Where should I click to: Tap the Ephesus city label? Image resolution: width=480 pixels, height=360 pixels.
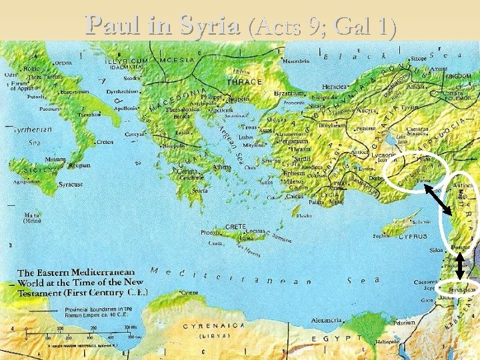pyautogui.click(x=294, y=173)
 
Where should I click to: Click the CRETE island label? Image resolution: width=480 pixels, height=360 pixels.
pyautogui.click(x=237, y=227)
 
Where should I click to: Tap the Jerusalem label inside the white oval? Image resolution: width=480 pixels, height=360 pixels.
pyautogui.click(x=461, y=291)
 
